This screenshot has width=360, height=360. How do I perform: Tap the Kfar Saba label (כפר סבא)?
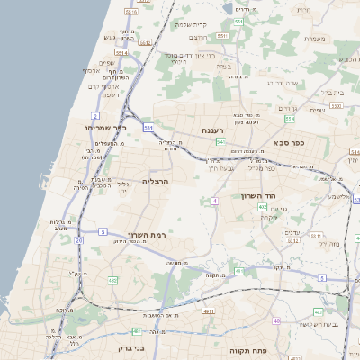point(290,142)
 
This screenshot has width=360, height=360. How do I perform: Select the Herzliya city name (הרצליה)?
point(156,181)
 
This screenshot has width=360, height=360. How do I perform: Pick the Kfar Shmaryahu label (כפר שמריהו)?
point(104,129)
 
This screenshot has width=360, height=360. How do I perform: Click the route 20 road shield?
point(79,241)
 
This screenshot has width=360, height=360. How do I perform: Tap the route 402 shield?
point(262,207)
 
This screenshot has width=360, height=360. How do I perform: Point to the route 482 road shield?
point(112,281)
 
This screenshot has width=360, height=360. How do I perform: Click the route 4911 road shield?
point(209,311)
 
